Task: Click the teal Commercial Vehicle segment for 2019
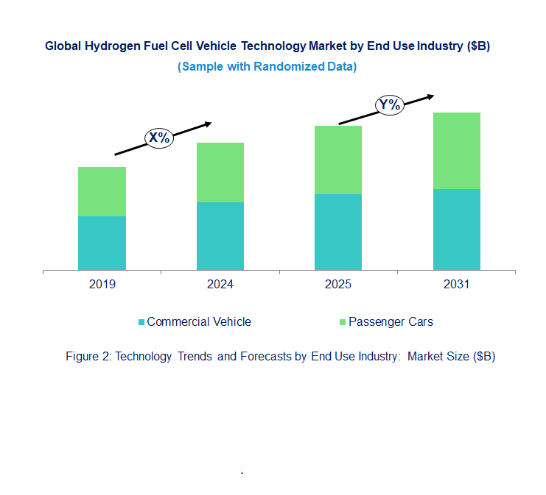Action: click(102, 243)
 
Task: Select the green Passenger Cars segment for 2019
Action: click(102, 191)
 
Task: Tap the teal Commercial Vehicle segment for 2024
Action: click(220, 236)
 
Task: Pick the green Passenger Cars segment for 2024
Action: click(220, 172)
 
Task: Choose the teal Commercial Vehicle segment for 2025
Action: click(338, 232)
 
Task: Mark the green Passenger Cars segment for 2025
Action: click(338, 160)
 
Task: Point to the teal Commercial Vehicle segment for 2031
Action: click(456, 229)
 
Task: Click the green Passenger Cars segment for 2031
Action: click(456, 151)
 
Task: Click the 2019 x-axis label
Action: click(102, 285)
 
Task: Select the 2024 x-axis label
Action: click(220, 285)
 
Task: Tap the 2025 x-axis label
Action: click(338, 285)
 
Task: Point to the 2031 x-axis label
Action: click(456, 285)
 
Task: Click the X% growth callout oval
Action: click(158, 138)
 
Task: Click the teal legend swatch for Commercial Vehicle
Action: click(141, 322)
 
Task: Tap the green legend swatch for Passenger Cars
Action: click(342, 322)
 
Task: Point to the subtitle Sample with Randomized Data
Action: click(267, 67)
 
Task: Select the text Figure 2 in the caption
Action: click(87, 357)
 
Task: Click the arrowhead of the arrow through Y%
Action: click(431, 96)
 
